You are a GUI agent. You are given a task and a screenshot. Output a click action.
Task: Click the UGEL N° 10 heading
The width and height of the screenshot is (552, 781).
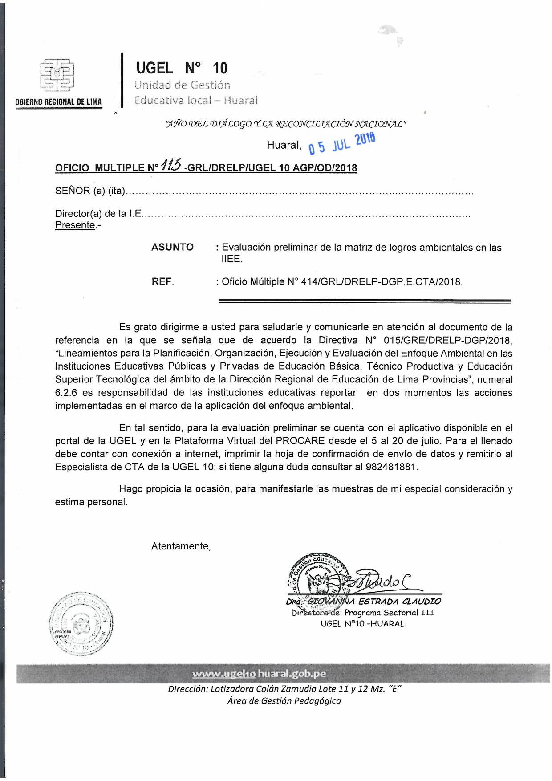click(182, 68)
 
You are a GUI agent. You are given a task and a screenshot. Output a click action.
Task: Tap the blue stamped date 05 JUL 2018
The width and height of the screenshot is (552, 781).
click(342, 143)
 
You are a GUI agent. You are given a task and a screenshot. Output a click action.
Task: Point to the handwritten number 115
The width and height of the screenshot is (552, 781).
click(171, 166)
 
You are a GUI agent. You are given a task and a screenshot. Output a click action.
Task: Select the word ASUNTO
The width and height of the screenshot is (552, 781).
click(172, 247)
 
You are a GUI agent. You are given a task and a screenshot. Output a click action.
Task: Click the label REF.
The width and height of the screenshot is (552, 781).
click(162, 281)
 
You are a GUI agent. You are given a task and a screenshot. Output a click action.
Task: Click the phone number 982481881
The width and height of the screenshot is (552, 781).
click(391, 467)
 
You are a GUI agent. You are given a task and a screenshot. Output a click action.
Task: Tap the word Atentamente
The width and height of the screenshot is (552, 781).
click(181, 546)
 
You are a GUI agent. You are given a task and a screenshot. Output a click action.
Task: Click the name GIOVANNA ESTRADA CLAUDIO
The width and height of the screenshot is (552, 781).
click(374, 601)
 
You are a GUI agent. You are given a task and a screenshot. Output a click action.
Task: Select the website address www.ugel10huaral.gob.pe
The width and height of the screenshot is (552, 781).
click(259, 674)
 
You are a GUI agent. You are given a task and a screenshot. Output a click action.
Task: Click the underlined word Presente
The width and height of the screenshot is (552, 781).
click(75, 225)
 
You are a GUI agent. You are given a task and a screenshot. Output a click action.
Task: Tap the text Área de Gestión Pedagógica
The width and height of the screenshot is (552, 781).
click(284, 701)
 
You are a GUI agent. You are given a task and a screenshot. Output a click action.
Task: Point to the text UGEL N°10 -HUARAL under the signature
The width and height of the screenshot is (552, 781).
click(362, 624)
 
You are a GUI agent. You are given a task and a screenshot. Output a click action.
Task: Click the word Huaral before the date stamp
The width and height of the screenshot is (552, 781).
click(284, 145)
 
